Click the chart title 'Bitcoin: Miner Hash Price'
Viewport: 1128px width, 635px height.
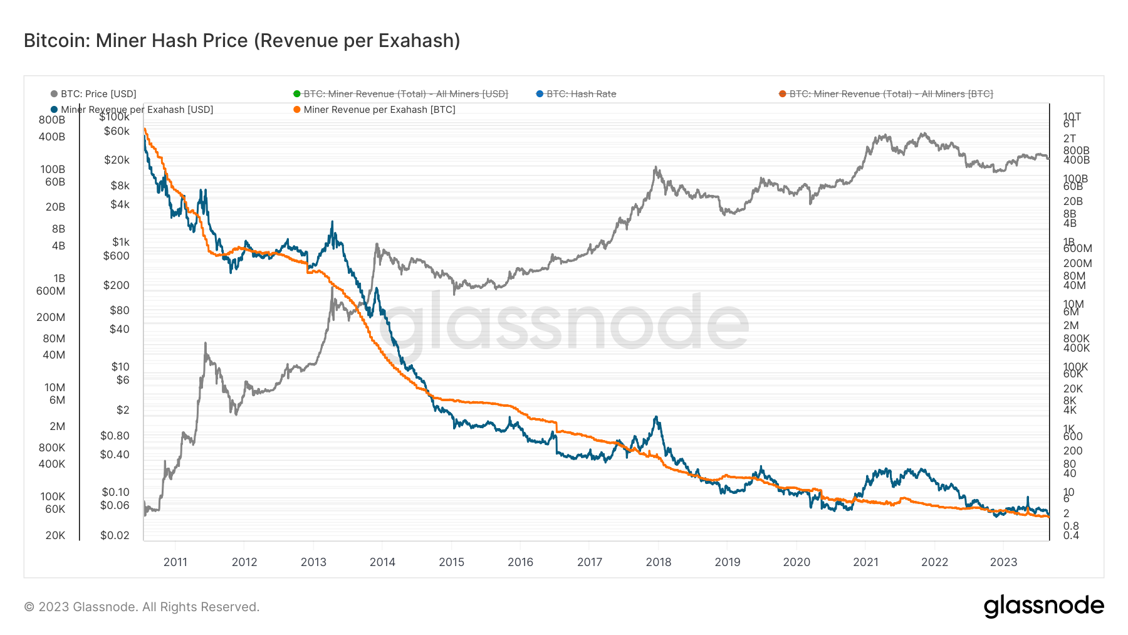(242, 41)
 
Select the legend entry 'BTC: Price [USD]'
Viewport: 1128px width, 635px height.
(98, 94)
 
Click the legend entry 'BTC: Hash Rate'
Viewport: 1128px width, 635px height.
(580, 94)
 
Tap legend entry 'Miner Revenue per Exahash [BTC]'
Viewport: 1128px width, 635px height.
(379, 110)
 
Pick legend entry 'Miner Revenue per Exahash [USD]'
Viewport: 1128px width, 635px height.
(137, 110)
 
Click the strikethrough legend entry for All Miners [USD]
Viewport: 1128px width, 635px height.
(405, 94)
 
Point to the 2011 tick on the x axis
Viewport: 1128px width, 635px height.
(175, 562)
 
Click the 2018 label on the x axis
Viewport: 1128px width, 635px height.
(658, 562)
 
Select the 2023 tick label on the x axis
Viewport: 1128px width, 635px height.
(1003, 562)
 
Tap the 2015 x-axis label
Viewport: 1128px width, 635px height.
(451, 562)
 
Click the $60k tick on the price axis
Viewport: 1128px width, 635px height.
(117, 131)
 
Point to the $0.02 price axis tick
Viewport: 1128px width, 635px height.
(115, 535)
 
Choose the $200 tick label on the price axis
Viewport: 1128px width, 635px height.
(116, 285)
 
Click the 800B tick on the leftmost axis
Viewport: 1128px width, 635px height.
(52, 120)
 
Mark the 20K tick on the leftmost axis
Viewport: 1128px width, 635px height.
(55, 535)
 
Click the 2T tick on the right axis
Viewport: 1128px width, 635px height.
(1069, 139)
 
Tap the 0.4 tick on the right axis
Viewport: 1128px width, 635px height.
(1071, 535)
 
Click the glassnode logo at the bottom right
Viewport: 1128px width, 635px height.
(1043, 606)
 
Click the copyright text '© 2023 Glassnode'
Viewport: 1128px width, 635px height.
(142, 607)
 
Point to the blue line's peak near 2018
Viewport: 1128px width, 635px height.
(655, 417)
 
